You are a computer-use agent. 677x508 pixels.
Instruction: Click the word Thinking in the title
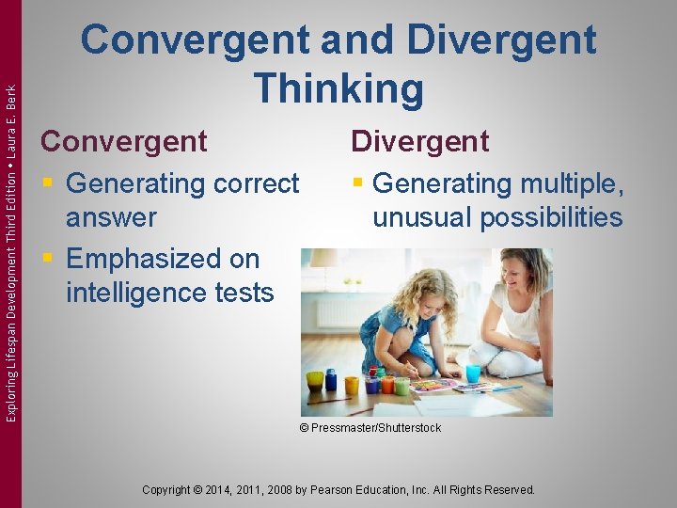(338, 88)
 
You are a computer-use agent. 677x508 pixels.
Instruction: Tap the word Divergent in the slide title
(503, 40)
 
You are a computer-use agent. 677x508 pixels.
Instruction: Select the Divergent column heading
(419, 141)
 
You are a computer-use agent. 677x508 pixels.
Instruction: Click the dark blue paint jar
(331, 380)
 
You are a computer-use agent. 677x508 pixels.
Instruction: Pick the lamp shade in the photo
(323, 258)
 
